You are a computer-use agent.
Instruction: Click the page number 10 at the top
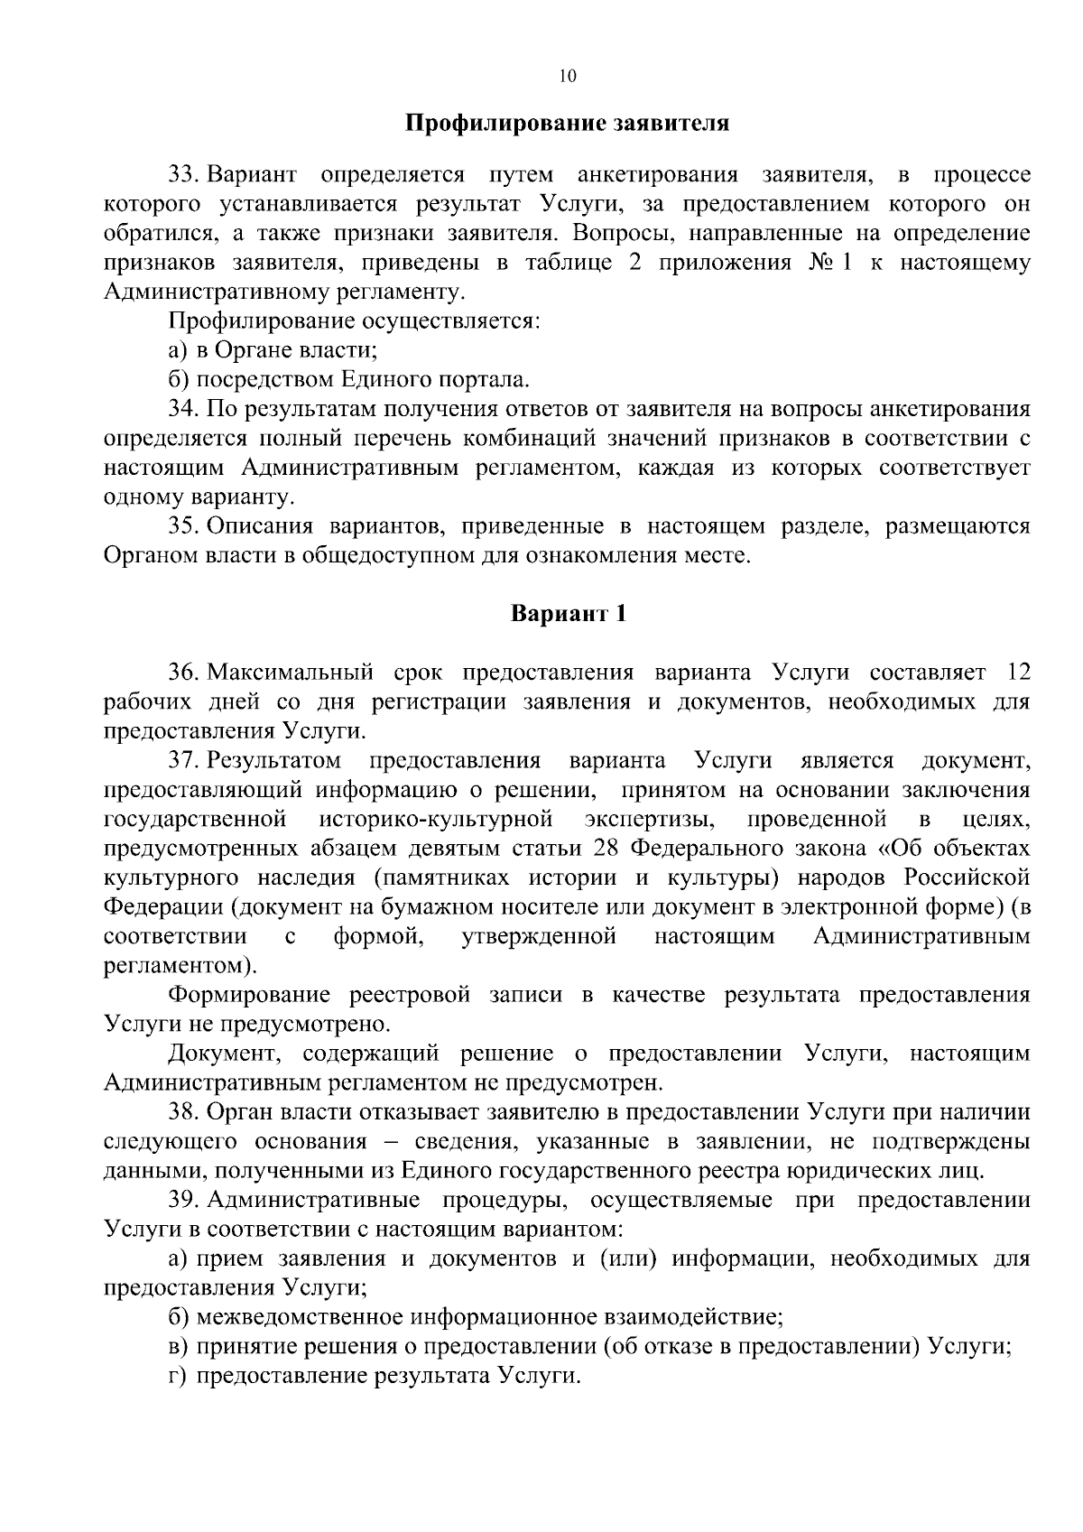pos(567,77)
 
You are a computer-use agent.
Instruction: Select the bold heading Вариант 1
pos(568,614)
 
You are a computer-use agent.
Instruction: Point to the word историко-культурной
pos(436,820)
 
